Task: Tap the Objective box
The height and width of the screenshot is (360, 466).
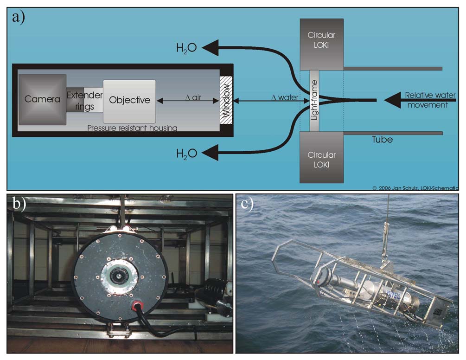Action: point(129,100)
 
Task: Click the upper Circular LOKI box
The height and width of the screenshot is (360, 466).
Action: point(321,45)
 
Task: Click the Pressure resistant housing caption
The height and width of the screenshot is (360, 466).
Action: point(132,128)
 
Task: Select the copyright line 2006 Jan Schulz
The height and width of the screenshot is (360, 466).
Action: point(415,188)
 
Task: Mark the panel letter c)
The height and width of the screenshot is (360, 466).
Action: point(247,205)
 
